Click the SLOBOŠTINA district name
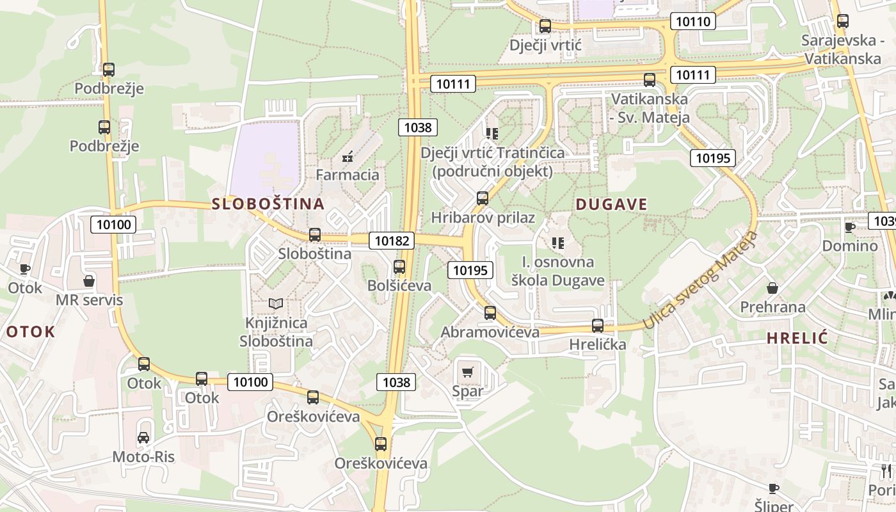268,204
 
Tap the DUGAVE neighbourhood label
611,204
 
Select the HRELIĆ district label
797,338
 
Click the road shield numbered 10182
392,241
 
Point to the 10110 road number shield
692,21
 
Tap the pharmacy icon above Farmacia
348,156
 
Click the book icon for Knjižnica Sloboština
276,303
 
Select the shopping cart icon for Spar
468,372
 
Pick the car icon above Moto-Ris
143,438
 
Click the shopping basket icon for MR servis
89,281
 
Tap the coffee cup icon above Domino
850,227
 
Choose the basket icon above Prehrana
772,288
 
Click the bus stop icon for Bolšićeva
399,266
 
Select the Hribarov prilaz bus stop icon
483,198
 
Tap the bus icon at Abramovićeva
490,313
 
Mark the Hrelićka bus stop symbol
598,326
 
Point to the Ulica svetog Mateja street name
701,281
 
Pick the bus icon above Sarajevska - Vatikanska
843,21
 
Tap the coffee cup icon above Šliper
774,488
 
